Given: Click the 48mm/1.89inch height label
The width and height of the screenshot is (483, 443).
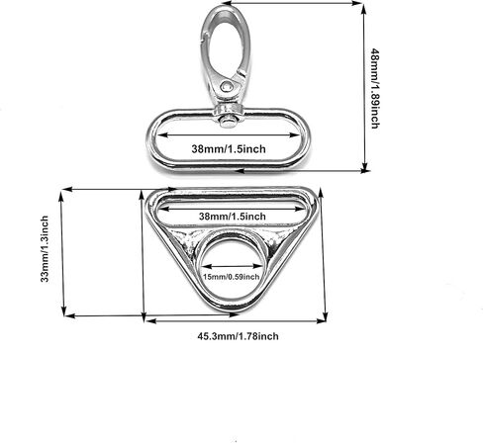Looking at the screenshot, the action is (x=375, y=88).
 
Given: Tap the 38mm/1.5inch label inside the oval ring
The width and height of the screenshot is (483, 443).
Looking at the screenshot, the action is (x=229, y=149).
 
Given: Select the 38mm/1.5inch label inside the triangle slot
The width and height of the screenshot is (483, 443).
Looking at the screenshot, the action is (x=233, y=217).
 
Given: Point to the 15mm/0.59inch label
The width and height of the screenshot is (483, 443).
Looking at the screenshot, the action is (x=231, y=277).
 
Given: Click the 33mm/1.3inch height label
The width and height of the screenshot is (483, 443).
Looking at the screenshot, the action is (x=45, y=249).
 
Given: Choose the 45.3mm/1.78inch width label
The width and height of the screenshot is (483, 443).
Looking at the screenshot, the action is (x=238, y=336).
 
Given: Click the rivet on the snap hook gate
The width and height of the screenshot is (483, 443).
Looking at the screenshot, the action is (x=227, y=86).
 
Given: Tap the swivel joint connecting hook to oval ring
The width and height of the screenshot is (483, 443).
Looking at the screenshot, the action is (x=228, y=116).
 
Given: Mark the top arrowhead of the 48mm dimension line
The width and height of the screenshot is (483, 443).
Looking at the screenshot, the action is (x=364, y=9).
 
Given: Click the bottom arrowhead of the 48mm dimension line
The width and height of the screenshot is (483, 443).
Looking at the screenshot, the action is (x=364, y=167).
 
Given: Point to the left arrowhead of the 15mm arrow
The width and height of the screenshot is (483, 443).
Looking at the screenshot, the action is (x=206, y=266).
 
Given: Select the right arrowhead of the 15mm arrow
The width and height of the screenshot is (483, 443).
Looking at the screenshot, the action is (x=258, y=266).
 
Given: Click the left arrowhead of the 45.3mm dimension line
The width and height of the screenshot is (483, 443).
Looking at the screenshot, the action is (x=150, y=320).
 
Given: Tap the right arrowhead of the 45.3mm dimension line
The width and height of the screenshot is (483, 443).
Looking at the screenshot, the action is (x=321, y=320).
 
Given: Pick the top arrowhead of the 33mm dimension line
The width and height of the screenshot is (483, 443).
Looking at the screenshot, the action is (x=61, y=197).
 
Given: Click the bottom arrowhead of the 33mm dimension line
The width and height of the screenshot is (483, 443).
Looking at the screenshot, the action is (x=63, y=310).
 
